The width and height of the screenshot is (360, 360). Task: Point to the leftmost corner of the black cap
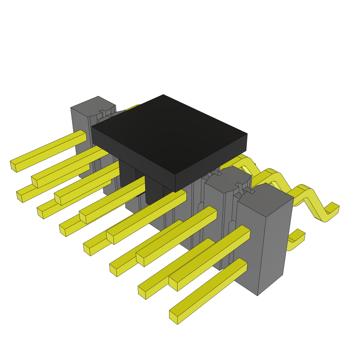pyautogui.click(x=92, y=127)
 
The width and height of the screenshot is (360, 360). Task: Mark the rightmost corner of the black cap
pyautogui.click(x=247, y=134)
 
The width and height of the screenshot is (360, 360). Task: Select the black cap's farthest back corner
pyautogui.click(x=163, y=95)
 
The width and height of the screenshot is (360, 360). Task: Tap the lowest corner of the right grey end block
pyautogui.click(x=257, y=295)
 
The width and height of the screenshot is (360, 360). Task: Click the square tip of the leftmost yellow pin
pyautogui.click(x=13, y=166)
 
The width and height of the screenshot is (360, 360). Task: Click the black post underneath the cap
pyautogui.click(x=154, y=190)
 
